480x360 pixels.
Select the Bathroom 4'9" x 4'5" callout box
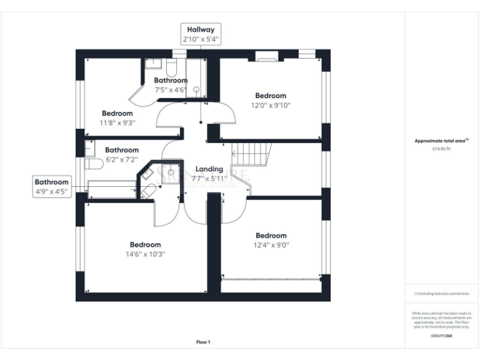(x=52, y=187)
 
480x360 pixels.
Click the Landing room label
(x=209, y=169)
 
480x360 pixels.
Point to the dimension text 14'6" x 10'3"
(x=146, y=254)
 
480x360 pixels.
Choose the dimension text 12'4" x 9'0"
(x=271, y=245)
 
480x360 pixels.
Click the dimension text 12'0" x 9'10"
(x=271, y=105)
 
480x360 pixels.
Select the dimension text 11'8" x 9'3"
(x=117, y=122)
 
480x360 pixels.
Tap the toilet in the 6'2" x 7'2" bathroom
(x=93, y=164)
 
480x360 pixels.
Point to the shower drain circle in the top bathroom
(x=196, y=89)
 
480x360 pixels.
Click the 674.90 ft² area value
(x=441, y=149)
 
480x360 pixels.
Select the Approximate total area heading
(x=441, y=141)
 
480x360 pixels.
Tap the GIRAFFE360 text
(x=441, y=336)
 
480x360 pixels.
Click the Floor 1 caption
(x=203, y=342)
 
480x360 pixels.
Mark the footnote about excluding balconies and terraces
(x=441, y=294)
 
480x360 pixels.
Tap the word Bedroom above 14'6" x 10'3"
(x=146, y=245)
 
